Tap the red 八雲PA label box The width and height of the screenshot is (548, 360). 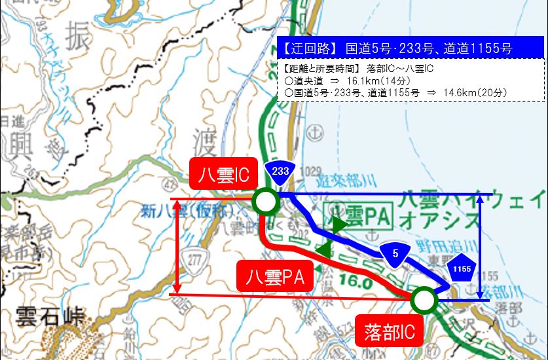[274, 277]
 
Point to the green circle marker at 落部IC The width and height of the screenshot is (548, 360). [424, 300]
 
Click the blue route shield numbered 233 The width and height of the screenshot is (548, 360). [280, 170]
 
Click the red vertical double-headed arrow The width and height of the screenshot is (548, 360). [177, 245]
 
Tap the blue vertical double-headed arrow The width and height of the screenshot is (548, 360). [481, 247]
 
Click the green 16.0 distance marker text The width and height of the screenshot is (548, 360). [357, 283]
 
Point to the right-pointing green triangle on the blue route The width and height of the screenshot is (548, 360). [339, 225]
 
